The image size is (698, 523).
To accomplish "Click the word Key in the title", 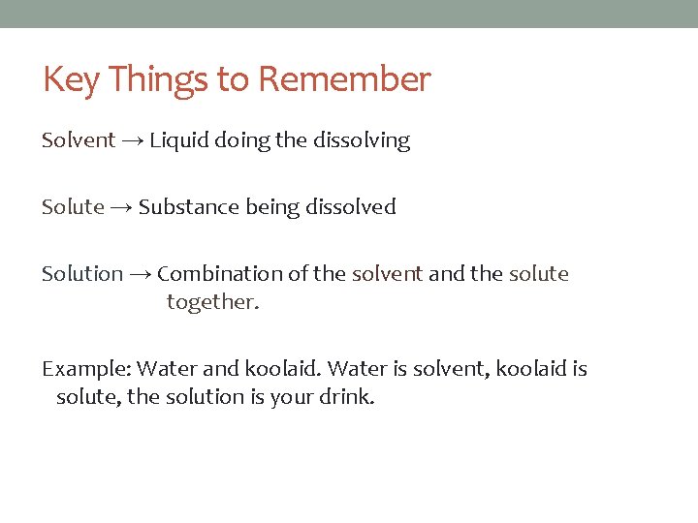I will tap(72, 79).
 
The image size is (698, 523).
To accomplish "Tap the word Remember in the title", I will tap(344, 79).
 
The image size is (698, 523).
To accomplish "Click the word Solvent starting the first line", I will tap(79, 140).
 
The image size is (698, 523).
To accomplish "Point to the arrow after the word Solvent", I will tap(134, 141).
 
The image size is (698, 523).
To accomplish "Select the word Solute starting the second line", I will tap(73, 206).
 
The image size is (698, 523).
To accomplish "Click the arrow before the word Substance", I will tap(121, 207).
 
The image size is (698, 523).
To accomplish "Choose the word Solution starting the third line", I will tap(82, 274).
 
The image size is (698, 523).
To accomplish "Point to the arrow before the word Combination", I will tap(140, 275).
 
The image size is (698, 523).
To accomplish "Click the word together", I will tap(213, 302).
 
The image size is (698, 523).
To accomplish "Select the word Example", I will tap(85, 369).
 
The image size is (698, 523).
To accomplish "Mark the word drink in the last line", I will tap(347, 397).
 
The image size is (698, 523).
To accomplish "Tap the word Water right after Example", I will tap(167, 369).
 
